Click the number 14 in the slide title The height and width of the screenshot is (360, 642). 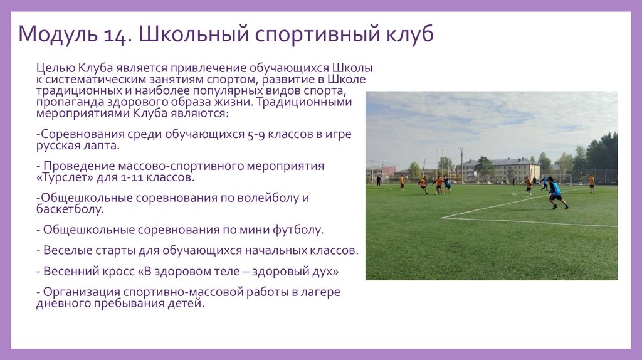[x=115, y=34]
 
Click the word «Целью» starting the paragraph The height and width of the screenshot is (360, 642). [x=55, y=68]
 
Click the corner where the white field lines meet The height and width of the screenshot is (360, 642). [x=443, y=218]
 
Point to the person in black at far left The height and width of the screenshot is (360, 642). [x=378, y=181]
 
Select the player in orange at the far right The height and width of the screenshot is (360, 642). [x=591, y=183]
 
